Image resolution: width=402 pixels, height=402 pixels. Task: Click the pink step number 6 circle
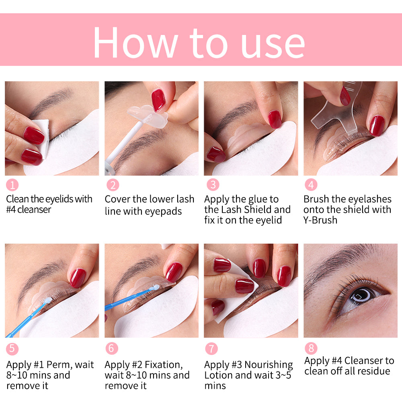click(112, 348)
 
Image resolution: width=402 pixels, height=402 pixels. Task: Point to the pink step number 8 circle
click(310, 348)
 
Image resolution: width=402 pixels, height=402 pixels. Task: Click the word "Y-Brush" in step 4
click(320, 220)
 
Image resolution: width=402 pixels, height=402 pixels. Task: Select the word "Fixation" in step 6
click(159, 365)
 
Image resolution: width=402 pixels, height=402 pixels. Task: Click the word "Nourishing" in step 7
click(269, 365)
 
